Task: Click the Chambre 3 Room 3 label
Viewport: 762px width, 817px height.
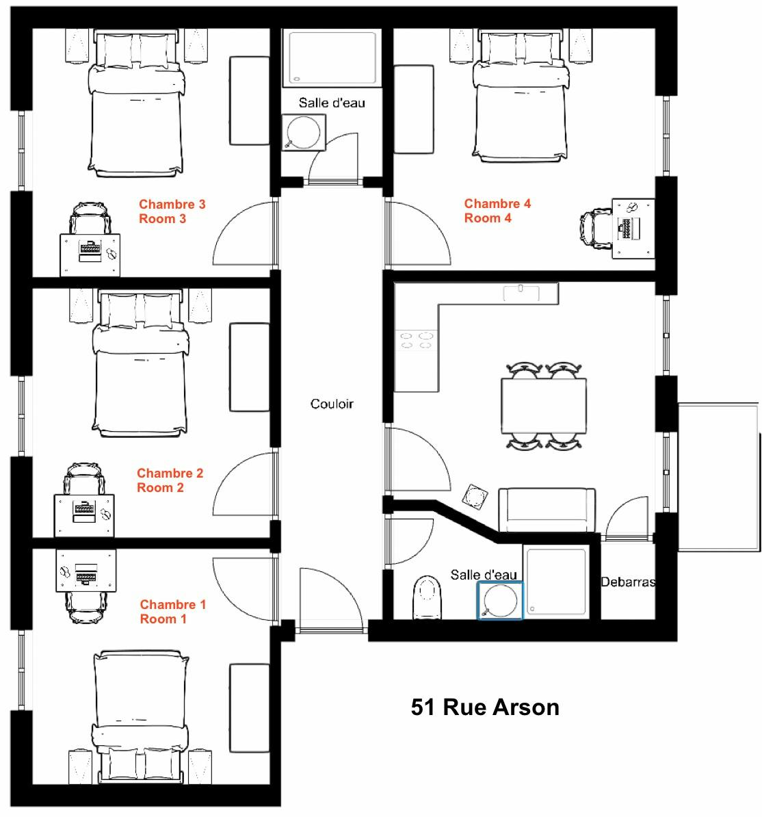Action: (x=172, y=211)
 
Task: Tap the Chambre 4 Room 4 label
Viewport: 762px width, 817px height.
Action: (x=497, y=211)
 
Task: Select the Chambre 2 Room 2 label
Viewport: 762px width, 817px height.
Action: (x=170, y=480)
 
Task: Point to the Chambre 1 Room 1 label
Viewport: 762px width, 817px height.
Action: (x=173, y=611)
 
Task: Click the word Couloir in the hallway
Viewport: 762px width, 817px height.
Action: (x=332, y=404)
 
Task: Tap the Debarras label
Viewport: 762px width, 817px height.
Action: (x=628, y=582)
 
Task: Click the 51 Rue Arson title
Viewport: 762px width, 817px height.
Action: (x=485, y=707)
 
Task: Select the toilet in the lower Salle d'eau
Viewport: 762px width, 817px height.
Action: (x=427, y=597)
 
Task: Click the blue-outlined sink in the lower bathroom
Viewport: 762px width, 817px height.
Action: (x=500, y=600)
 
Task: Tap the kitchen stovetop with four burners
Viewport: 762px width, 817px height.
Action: (x=416, y=340)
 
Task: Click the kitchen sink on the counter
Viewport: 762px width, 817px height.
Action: (x=521, y=293)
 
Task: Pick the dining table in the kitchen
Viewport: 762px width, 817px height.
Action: (x=544, y=406)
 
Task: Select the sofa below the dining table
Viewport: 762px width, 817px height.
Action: (x=547, y=510)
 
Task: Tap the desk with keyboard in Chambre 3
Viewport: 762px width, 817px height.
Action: (x=90, y=255)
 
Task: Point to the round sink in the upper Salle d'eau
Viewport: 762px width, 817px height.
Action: (x=304, y=132)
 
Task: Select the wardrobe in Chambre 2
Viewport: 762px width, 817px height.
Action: (x=250, y=367)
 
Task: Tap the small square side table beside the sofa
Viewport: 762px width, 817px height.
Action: (x=475, y=496)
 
